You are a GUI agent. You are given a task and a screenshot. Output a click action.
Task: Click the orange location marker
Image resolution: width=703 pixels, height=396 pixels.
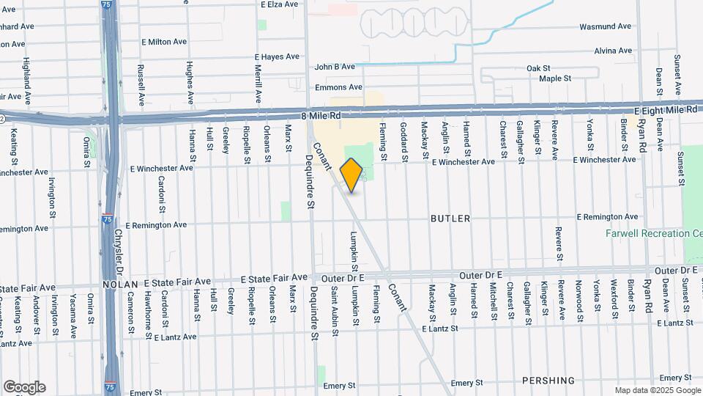coord(351,175)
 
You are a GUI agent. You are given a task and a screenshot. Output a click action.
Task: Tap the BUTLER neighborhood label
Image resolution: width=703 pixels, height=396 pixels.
coord(450,219)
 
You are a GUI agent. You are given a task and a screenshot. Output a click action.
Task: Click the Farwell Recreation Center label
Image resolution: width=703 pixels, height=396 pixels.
coord(653,234)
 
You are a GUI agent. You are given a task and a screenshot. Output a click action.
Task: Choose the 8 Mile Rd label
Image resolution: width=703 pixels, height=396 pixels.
coord(321,116)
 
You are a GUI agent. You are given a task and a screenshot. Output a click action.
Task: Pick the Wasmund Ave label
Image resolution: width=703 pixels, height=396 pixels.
coord(605,26)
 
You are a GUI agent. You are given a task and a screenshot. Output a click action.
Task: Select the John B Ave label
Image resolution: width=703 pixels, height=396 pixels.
coord(334,67)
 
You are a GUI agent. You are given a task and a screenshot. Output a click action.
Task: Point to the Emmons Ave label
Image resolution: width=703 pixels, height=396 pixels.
coord(335,88)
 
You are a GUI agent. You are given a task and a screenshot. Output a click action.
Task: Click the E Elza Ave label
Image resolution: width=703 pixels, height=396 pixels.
coord(280,4)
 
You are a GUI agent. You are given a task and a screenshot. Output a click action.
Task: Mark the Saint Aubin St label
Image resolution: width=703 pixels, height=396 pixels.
coord(335,309)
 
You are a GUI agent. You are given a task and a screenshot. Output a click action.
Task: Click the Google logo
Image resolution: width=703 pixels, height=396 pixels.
coord(24,387)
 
